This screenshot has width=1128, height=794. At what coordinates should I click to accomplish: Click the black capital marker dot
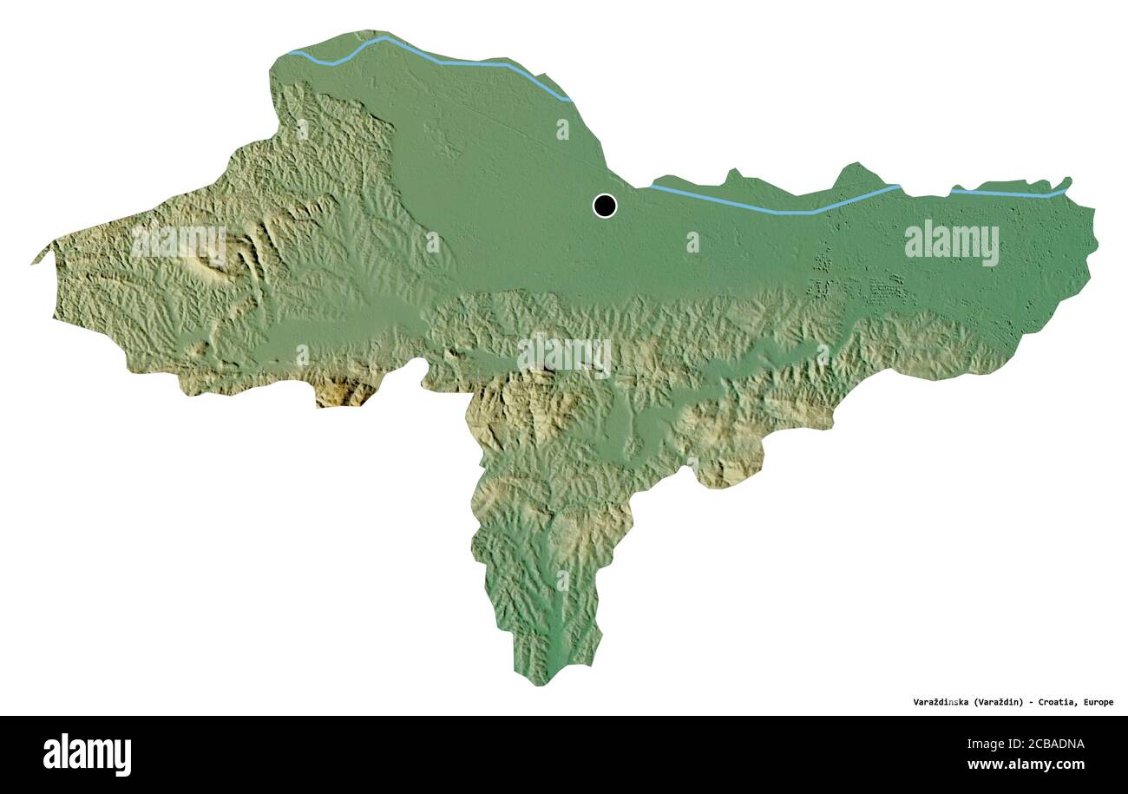coord(605,206)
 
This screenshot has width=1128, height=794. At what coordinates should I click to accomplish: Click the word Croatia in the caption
coord(1058,702)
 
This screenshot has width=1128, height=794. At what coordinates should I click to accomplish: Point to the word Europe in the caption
coord(1098,702)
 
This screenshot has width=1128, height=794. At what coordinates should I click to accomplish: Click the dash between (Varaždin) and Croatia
coord(1031,702)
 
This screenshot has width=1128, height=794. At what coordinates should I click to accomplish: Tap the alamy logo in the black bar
coord(87,754)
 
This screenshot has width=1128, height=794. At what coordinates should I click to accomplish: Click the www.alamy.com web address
coord(1026,764)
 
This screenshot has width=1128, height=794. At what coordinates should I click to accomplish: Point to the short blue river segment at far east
coord(1007,193)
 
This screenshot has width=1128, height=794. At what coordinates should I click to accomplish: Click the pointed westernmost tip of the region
coord(35,261)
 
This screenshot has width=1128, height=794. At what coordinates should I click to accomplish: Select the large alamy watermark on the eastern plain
coord(951,242)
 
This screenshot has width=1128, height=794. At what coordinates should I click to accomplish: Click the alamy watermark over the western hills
coord(178,242)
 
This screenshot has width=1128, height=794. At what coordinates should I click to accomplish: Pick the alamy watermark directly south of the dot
coord(564,355)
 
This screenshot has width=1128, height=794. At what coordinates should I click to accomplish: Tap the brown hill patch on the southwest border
coord(343,392)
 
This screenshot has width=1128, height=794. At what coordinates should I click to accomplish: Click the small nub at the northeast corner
coord(1067,181)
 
